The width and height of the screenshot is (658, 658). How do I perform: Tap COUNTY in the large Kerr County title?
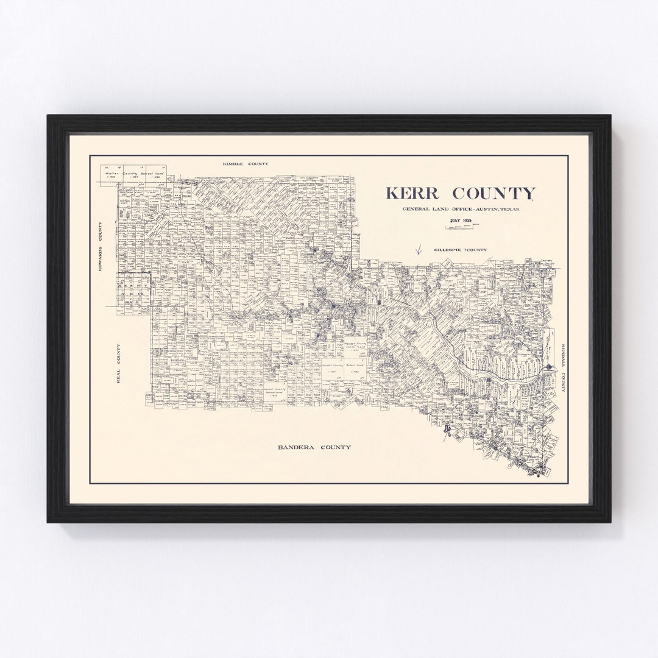coord(494,194)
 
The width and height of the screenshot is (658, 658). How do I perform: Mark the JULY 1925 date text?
coord(461,220)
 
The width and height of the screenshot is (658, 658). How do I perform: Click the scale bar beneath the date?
coord(462,227)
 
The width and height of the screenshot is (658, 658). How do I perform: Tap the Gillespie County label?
coord(460,250)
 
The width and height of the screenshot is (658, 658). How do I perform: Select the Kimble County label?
coord(245,164)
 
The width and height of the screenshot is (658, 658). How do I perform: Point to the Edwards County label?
coord(101,246)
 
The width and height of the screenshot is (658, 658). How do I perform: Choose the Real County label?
coord(119,363)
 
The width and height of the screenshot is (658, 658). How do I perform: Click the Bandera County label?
coord(314,447)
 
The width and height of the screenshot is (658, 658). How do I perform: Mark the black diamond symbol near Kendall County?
coord(551,367)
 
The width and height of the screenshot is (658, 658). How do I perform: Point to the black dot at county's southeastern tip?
coord(537,473)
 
